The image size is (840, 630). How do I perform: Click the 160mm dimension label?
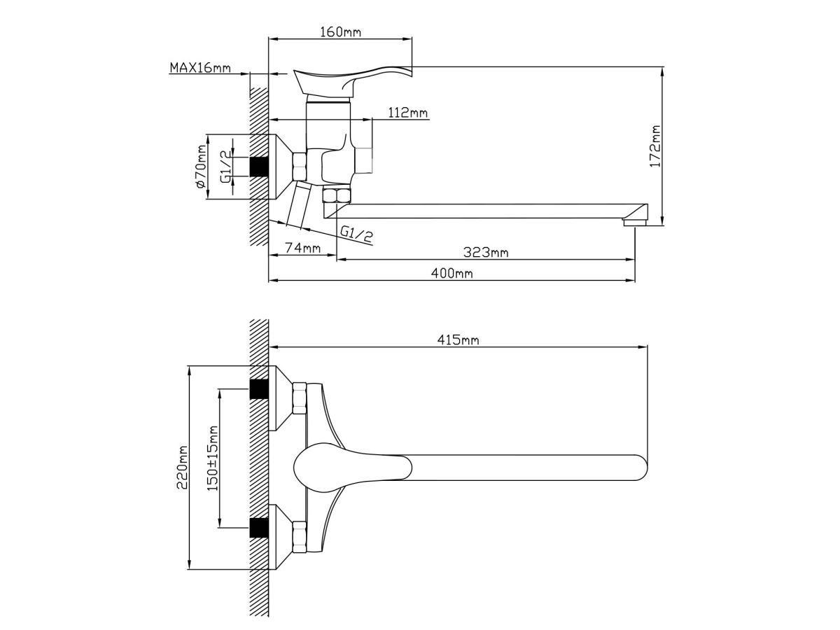pyautogui.click(x=340, y=31)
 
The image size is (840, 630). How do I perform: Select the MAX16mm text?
pyautogui.click(x=200, y=68)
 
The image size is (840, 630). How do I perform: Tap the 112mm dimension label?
pyautogui.click(x=408, y=113)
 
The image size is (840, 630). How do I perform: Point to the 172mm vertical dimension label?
pyautogui.click(x=655, y=146)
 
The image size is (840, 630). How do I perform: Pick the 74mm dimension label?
pyautogui.click(x=303, y=248)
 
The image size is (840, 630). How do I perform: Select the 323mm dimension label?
pyautogui.click(x=486, y=253)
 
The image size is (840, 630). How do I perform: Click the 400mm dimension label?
pyautogui.click(x=452, y=273)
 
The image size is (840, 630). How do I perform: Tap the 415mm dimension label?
pyautogui.click(x=458, y=339)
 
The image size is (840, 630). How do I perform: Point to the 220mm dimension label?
pyautogui.click(x=182, y=467)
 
